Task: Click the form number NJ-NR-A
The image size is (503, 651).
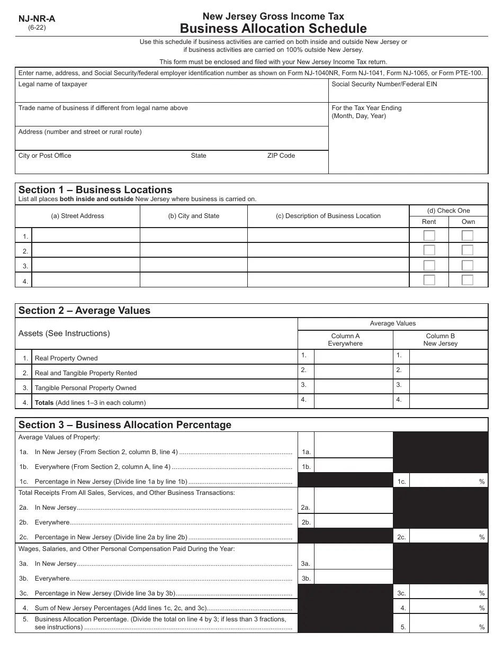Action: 37,19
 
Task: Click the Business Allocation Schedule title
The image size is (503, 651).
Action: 273,29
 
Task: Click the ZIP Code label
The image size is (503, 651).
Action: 281,156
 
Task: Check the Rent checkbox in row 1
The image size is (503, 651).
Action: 429,236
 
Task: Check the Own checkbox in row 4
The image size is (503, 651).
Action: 467,280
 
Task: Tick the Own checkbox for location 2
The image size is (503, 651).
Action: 467,250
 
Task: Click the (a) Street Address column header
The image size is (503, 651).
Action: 77,216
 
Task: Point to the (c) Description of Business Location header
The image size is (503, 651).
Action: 328,216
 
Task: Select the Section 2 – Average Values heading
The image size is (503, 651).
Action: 84,311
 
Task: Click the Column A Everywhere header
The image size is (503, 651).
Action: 345,340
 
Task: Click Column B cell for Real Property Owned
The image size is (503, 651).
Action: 448,357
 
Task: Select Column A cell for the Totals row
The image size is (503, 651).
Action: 353,402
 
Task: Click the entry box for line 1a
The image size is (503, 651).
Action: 353,451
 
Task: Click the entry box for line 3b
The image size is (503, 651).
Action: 353,578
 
